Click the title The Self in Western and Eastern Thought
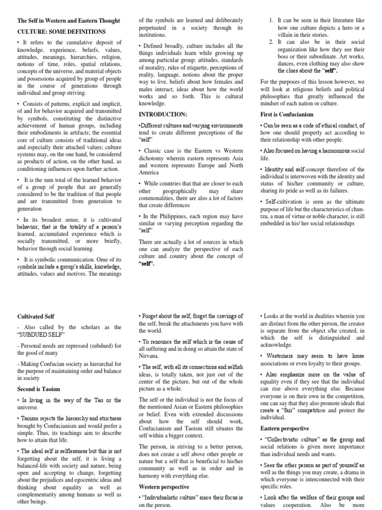[69, 20]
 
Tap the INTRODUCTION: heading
[163, 114]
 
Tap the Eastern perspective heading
[285, 428]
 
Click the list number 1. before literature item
[271, 20]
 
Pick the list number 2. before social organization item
[271, 42]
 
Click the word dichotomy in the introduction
[155, 158]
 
